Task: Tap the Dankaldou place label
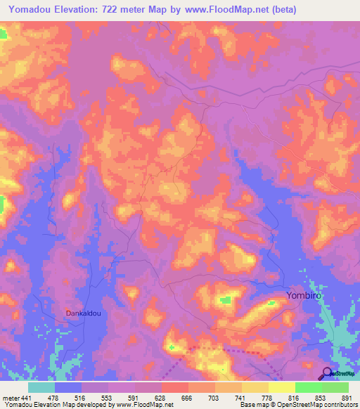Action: (x=85, y=313)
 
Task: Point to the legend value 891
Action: (x=347, y=397)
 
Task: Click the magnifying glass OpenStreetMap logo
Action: (x=327, y=374)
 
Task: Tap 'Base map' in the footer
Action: (x=254, y=405)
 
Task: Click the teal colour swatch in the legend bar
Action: (x=41, y=387)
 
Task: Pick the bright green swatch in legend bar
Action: (x=308, y=387)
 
